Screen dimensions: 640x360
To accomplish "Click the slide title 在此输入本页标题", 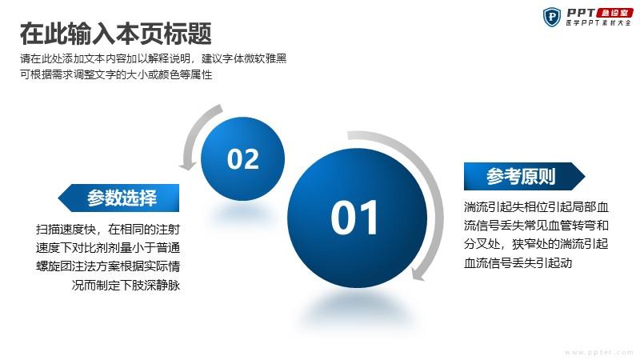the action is pos(115,34).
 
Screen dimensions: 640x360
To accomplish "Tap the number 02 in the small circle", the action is pos(243,158).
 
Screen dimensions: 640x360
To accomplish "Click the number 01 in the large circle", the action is pos(354,218).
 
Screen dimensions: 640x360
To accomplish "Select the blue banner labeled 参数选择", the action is pos(118,198).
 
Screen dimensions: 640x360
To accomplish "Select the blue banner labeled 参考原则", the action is pos(525,176).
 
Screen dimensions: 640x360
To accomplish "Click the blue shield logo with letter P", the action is pos(552,17).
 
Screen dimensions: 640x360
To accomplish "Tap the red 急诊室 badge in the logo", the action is pos(614,13).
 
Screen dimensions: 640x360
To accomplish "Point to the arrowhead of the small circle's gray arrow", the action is pos(188,166).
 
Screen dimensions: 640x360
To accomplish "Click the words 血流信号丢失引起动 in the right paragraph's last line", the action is pos(518,262).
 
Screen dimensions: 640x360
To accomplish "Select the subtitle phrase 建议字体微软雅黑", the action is pos(244,58).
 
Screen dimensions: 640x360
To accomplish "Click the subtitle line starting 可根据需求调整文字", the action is pos(116,74).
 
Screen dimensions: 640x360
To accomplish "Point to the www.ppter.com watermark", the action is pos(598,352).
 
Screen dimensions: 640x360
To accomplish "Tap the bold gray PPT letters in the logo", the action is pos(581,13).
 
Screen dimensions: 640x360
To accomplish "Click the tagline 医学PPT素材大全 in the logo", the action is pos(598,23).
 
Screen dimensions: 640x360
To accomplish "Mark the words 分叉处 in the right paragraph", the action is pos(482,244).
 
